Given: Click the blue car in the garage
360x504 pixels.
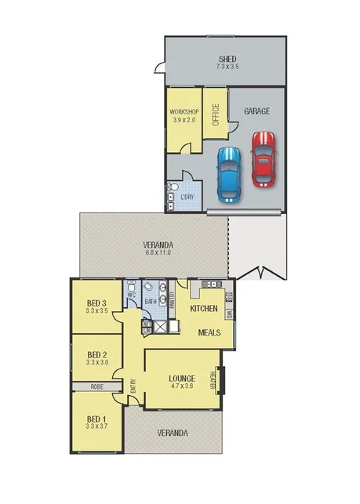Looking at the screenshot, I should [228, 173].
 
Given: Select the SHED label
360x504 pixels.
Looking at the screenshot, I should [227, 60].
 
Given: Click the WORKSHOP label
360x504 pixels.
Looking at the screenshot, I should [185, 112].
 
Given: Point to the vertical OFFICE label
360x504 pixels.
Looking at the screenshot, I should [216, 115].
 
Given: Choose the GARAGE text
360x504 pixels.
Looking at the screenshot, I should [257, 111].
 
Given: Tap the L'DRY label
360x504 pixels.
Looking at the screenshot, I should [188, 196].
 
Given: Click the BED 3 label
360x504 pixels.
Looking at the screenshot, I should [97, 303].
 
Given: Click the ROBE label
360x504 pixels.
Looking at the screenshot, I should [96, 386].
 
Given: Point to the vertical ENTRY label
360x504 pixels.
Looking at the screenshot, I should [134, 386].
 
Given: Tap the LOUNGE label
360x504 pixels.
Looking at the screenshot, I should [181, 378].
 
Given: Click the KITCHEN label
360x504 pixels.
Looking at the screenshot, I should [204, 310].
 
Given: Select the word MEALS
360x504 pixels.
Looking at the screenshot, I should [208, 332].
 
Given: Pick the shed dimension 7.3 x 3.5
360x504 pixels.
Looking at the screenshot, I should [227, 68].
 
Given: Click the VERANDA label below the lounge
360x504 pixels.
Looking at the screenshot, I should [173, 433].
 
